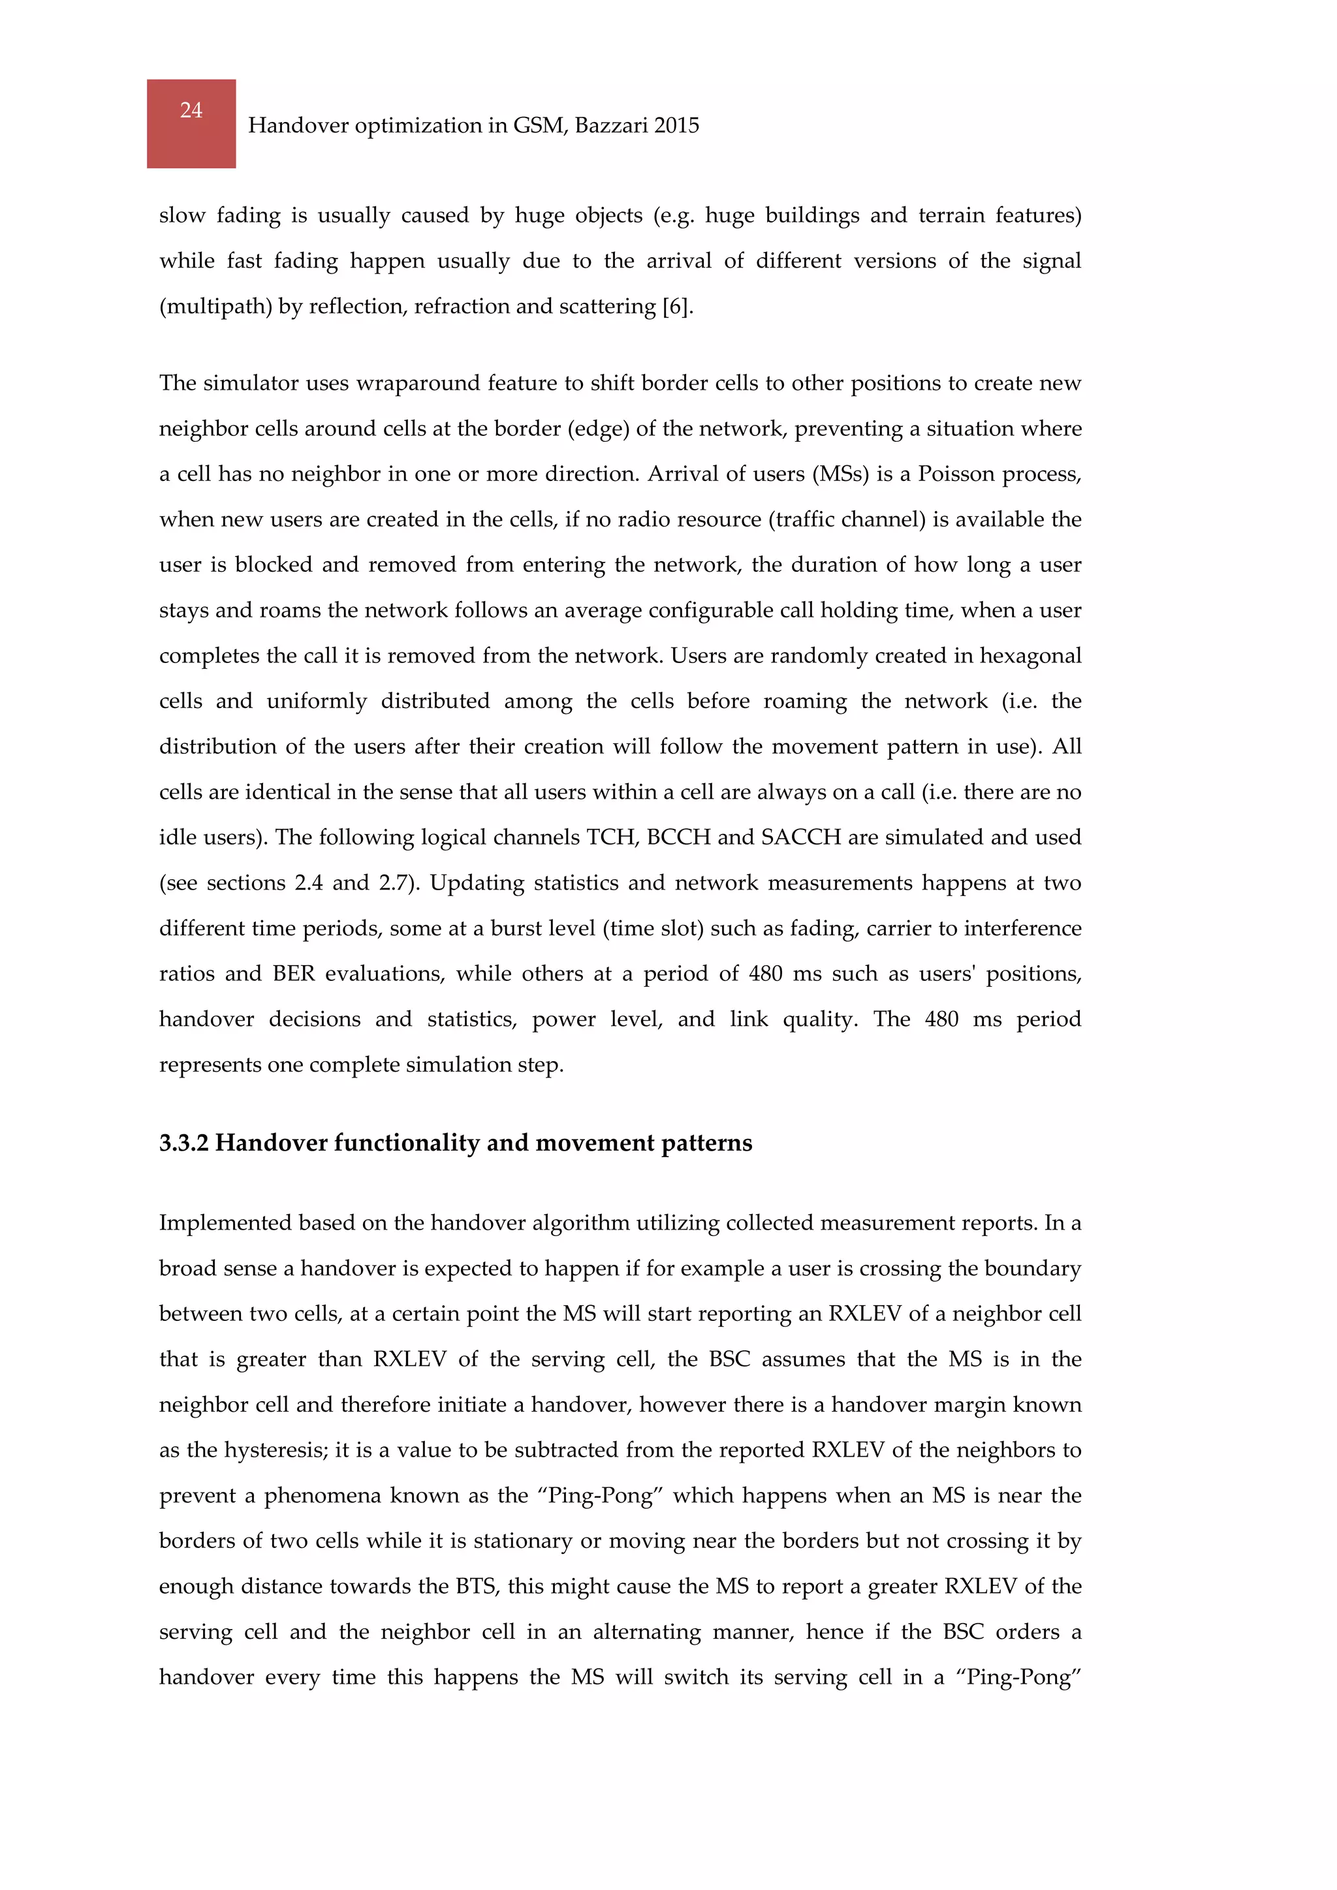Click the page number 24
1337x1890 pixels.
pos(191,110)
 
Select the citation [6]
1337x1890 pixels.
pos(678,307)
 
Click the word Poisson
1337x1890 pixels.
pos(959,474)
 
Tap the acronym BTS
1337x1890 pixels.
pos(476,1587)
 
